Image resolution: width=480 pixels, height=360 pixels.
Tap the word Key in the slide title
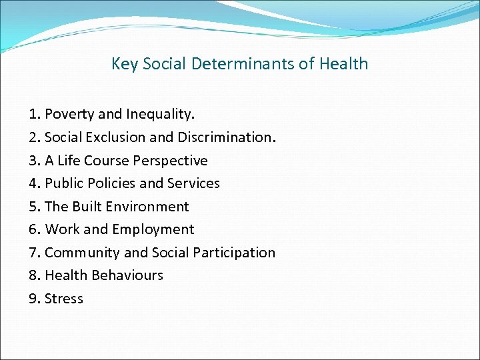(123, 64)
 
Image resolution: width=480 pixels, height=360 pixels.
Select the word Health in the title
(344, 64)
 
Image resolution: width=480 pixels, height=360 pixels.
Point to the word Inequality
(161, 115)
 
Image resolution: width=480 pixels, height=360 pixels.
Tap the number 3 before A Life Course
(33, 161)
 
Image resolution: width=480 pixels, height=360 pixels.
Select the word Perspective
(170, 161)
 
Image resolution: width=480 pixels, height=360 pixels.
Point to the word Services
(193, 183)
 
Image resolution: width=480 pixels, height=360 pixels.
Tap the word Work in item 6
(62, 229)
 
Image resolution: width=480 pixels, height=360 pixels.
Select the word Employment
(153, 229)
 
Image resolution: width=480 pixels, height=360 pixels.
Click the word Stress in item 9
(64, 299)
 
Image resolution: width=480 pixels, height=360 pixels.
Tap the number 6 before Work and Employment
(33, 229)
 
